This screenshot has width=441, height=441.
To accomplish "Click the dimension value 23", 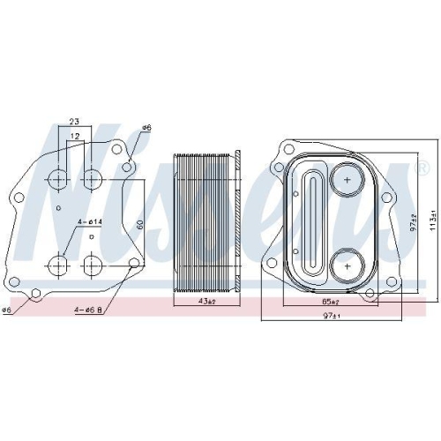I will point(75,123).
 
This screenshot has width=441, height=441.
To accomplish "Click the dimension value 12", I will point(75,136).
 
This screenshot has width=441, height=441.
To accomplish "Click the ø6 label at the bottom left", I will point(7,310).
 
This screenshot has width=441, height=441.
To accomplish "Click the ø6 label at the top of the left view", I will point(146,128).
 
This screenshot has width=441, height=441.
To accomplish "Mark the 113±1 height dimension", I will point(431,217).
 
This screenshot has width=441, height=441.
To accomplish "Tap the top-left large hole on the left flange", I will point(59,180).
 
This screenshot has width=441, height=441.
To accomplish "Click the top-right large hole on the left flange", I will point(91,180).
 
